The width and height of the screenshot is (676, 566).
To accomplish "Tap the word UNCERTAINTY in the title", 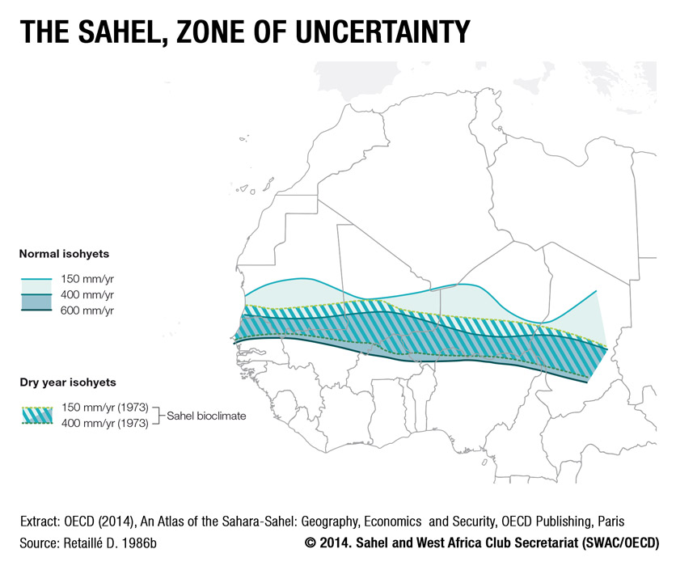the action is coord(382,32).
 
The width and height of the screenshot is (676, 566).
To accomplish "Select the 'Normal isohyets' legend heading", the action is coord(64,254).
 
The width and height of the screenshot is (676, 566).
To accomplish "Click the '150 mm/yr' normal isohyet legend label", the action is coord(87,279).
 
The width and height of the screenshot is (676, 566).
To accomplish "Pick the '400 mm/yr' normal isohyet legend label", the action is coord(87,295).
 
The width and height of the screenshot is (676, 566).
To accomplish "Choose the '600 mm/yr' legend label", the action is coord(87,310).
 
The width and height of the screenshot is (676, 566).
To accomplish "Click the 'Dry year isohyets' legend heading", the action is coord(68,382).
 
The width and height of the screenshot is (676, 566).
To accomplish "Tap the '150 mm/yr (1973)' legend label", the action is coord(105,408).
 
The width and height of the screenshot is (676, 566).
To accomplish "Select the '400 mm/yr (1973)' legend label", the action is coord(105,423).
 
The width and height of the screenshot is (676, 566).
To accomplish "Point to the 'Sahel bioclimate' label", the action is coord(206,416).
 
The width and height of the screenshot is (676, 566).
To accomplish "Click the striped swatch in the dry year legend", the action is coord(37,416).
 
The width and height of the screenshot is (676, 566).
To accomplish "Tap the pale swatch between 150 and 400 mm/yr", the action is coord(36,287).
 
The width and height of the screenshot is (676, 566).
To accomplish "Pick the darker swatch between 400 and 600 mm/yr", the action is coord(36,302).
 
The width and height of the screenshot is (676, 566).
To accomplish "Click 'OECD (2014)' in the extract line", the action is coord(99,522).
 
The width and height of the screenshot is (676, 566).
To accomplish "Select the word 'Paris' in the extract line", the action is coord(611,522).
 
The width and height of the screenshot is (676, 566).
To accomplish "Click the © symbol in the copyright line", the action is coord(310,543).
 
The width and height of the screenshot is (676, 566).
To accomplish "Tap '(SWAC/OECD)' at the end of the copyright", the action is coord(621,543).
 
